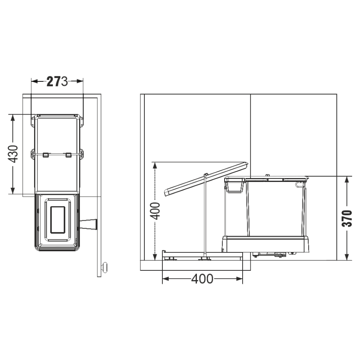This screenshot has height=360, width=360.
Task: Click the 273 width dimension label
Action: point(57,81)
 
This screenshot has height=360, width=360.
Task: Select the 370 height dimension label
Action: point(347,219)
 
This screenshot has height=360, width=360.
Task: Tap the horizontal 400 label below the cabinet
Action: point(202,279)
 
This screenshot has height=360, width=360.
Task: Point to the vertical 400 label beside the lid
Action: point(155,211)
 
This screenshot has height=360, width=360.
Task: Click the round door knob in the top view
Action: point(105,267)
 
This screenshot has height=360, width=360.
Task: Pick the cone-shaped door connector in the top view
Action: point(89,224)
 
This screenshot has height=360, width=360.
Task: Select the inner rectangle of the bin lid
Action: point(58,220)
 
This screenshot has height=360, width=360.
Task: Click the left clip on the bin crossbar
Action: point(46,155)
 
